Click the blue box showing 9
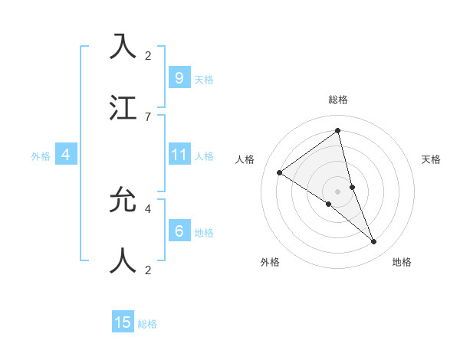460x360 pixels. click(179, 77)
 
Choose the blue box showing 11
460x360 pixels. click(179, 155)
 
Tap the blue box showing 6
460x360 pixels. click(179, 231)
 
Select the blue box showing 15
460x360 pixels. click(123, 322)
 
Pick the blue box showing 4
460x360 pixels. click(66, 155)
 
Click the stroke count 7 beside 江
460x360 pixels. click(148, 116)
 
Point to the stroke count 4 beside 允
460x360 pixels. click(148, 208)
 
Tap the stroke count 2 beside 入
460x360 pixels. click(148, 55)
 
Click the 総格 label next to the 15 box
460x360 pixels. click(147, 324)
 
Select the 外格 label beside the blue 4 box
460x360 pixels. click(41, 155)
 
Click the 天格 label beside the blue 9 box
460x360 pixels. click(204, 79)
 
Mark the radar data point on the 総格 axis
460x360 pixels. click(337, 130)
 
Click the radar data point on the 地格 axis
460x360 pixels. click(374, 242)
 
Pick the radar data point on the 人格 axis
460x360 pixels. click(279, 172)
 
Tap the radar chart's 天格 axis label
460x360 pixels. click(432, 159)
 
